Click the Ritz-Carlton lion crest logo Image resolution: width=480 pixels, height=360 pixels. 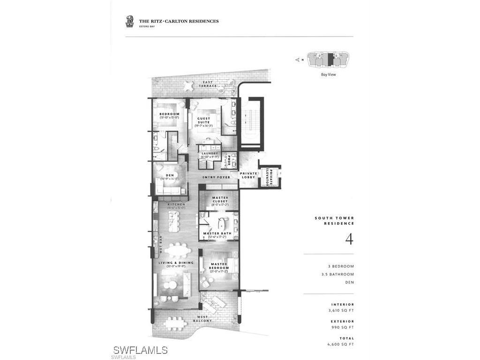tap(129, 21)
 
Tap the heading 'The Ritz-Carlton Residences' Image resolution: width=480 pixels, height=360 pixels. tap(179, 21)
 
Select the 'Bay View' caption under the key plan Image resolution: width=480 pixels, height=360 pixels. tap(328, 74)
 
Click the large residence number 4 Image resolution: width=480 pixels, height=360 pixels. tap(349, 239)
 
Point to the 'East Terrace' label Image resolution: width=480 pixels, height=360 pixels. tap(207, 84)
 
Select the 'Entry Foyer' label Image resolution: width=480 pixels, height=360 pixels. tap(216, 178)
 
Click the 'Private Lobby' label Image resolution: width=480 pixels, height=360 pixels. tap(248, 175)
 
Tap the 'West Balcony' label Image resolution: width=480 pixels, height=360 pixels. tap(202, 319)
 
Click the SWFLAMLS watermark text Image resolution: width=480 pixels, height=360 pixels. tap(140, 350)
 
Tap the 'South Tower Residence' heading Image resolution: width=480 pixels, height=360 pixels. tap(334, 221)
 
